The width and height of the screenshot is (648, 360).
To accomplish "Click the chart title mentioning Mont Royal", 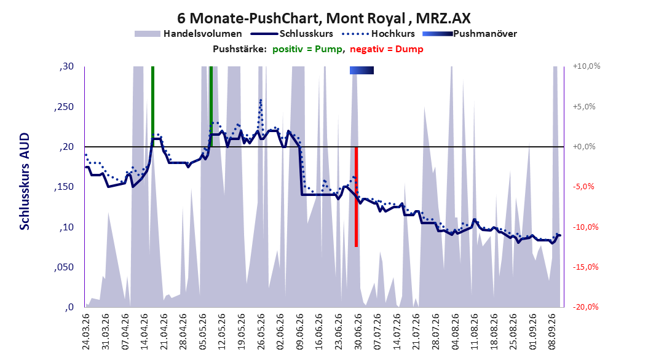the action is click(x=323, y=18).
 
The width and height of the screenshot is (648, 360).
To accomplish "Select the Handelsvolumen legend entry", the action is click(x=189, y=34).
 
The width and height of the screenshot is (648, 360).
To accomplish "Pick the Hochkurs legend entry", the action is click(x=378, y=34).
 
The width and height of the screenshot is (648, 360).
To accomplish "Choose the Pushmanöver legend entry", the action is click(x=470, y=34).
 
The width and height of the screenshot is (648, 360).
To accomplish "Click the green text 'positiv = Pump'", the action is click(x=307, y=49).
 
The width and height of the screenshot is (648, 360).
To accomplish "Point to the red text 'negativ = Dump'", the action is click(x=387, y=49).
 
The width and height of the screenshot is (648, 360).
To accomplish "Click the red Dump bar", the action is click(x=356, y=197).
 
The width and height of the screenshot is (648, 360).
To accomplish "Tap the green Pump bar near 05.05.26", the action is click(x=211, y=106).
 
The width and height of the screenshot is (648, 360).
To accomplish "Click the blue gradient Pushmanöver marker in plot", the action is click(x=362, y=71).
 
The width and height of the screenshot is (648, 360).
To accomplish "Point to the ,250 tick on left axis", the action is click(x=64, y=107).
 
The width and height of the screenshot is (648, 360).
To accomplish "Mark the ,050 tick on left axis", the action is click(x=64, y=267).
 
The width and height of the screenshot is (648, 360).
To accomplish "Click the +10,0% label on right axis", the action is click(x=587, y=66).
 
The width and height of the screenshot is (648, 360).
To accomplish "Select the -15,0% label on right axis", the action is click(x=585, y=267).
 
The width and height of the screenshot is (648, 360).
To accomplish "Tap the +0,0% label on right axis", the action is click(x=584, y=147).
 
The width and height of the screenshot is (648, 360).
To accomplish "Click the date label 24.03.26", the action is click(x=85, y=332).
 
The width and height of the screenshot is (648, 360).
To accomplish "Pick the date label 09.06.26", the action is click(x=299, y=332).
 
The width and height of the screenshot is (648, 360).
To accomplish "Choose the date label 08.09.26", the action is click(x=552, y=332).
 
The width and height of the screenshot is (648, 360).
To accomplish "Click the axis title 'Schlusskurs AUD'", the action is click(x=25, y=181).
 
